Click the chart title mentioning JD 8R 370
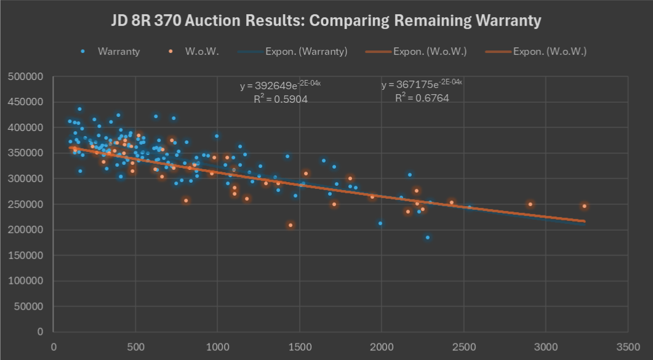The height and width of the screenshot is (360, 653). tap(326, 21)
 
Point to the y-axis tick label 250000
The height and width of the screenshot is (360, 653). tap(25, 204)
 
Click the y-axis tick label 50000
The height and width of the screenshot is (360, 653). tap(28, 306)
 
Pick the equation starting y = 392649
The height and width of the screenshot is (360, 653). tap(281, 86)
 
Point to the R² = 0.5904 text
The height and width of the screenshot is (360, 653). tap(281, 98)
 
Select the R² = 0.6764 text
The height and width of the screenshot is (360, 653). tap(422, 98)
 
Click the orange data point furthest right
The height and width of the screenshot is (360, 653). tap(584, 206)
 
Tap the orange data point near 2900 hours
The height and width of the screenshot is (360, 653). tap(530, 204)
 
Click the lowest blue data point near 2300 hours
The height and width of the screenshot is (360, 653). tap(428, 238)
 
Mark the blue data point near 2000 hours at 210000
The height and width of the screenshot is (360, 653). tap(380, 223)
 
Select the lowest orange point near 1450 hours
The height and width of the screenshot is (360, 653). tap(290, 225)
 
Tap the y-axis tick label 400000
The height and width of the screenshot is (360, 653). tap(25, 127)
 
